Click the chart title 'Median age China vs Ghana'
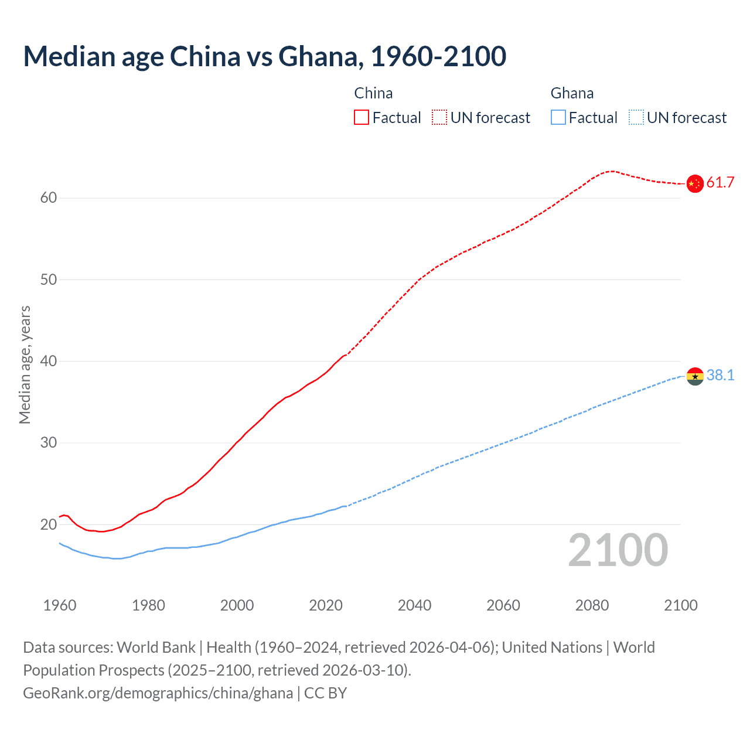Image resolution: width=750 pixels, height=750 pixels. [x=264, y=56]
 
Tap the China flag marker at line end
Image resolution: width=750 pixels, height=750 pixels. [x=694, y=183]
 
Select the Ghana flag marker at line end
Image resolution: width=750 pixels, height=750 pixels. [x=694, y=376]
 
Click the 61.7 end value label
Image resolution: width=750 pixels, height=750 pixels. [x=720, y=183]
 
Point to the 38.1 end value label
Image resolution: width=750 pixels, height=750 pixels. [x=720, y=376]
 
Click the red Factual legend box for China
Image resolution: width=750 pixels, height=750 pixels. [x=362, y=118]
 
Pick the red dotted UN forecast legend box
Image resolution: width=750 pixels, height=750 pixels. [x=439, y=118]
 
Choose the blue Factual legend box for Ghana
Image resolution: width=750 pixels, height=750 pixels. [x=558, y=118]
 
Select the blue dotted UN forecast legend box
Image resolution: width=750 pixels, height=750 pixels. [x=636, y=118]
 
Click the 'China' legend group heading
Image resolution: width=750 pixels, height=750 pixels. [x=373, y=93]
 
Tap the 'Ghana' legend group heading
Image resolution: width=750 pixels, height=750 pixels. [x=572, y=93]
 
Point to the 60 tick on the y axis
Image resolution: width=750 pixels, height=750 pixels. [x=49, y=198]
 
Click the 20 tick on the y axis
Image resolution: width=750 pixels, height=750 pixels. [x=49, y=524]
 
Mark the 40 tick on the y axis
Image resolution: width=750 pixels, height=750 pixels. [x=49, y=362]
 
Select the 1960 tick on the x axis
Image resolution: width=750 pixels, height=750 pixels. [x=60, y=605]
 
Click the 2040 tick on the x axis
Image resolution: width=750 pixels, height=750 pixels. [x=414, y=605]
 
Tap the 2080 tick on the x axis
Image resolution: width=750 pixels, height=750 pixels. [x=592, y=605]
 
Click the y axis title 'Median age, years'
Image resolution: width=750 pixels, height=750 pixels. [x=25, y=364]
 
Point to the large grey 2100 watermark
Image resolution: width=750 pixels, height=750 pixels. [x=618, y=550]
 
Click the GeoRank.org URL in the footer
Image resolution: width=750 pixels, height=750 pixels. [x=158, y=693]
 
